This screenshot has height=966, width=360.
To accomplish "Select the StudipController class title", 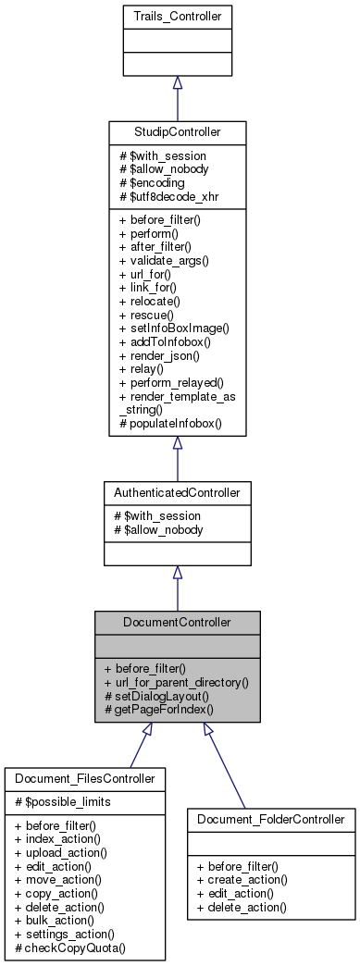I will point(177,131).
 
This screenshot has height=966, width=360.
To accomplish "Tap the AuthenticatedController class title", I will point(177,492).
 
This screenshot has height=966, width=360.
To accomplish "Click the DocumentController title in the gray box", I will point(177,622).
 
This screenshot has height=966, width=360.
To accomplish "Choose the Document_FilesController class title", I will point(84,779).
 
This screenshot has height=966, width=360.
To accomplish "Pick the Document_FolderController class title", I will point(271,818).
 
